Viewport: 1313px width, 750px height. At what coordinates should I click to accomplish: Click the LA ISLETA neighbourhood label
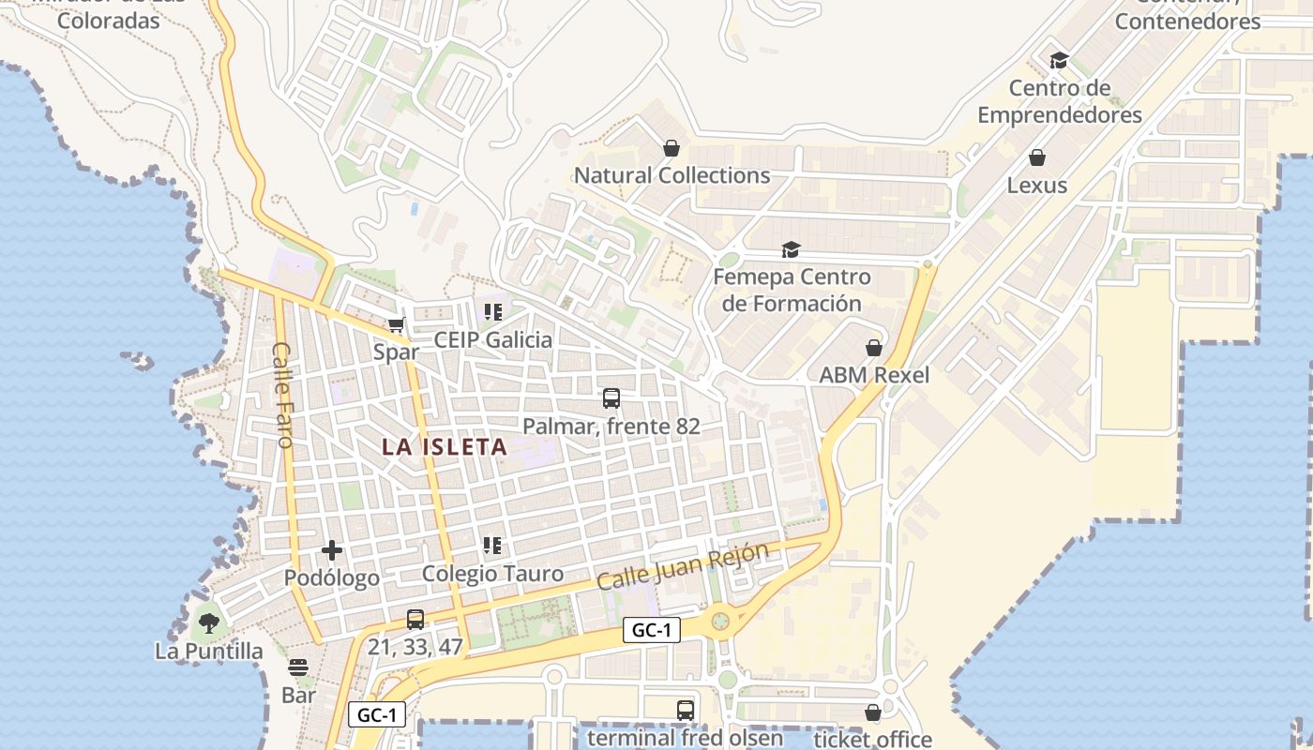point(445,447)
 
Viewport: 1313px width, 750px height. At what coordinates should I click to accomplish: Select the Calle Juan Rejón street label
point(683,566)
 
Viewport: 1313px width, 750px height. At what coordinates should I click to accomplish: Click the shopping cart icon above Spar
point(396,325)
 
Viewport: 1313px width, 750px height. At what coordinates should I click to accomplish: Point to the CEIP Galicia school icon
point(492,312)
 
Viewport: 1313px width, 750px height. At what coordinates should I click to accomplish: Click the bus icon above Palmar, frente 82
point(611,398)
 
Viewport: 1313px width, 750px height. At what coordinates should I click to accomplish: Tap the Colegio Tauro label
point(492,574)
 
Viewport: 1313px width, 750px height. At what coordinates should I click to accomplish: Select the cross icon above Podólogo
point(332,550)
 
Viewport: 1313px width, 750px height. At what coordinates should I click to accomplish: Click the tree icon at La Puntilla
point(208,622)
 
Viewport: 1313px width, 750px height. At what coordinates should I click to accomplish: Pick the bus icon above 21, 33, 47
point(415,620)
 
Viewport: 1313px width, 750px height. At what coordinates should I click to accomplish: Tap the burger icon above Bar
point(298,667)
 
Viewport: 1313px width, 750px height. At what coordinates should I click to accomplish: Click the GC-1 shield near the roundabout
point(652,630)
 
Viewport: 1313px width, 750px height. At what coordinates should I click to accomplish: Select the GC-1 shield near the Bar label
point(377,714)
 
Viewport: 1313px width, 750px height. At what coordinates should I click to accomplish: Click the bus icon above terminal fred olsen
point(686,711)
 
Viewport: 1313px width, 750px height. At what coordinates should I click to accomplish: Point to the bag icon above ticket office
point(873,712)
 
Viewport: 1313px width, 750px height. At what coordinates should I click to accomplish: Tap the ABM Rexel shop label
point(874,375)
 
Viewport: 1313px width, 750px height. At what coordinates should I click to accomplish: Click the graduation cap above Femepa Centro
point(792,249)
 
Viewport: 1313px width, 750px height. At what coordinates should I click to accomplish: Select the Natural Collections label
point(672,175)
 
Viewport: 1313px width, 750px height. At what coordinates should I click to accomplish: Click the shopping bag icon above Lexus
point(1037,157)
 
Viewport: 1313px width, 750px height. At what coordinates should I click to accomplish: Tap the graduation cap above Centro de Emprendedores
point(1060,61)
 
